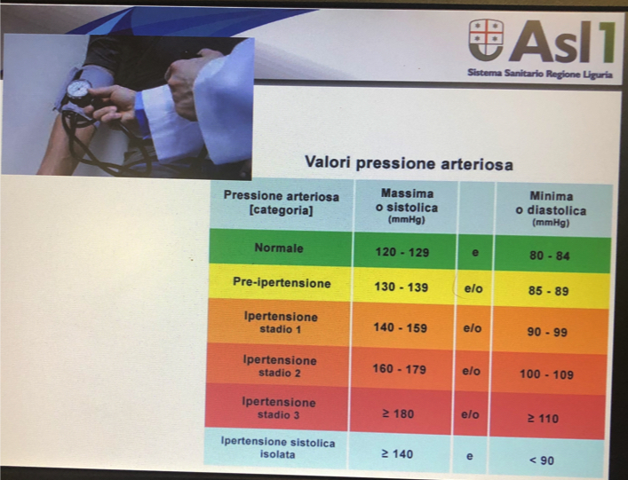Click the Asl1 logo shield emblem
point(486,41)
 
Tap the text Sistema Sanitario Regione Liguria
point(540,74)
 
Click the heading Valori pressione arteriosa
point(409,162)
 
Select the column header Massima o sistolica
point(407,207)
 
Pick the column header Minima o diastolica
point(551,209)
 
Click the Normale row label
point(279,248)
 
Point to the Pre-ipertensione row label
point(282,283)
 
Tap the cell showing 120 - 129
point(402,252)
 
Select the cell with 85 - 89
point(548,291)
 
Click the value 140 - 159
point(400,327)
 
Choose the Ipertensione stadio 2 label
point(280,366)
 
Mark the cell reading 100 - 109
point(546,374)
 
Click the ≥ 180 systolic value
point(398,413)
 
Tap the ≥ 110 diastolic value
point(543,419)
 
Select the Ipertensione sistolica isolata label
point(278,448)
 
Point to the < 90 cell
point(542,460)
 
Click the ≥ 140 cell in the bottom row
point(397,454)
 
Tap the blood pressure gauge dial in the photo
point(79,89)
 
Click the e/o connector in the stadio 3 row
point(470,414)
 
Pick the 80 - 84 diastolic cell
point(550,256)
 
